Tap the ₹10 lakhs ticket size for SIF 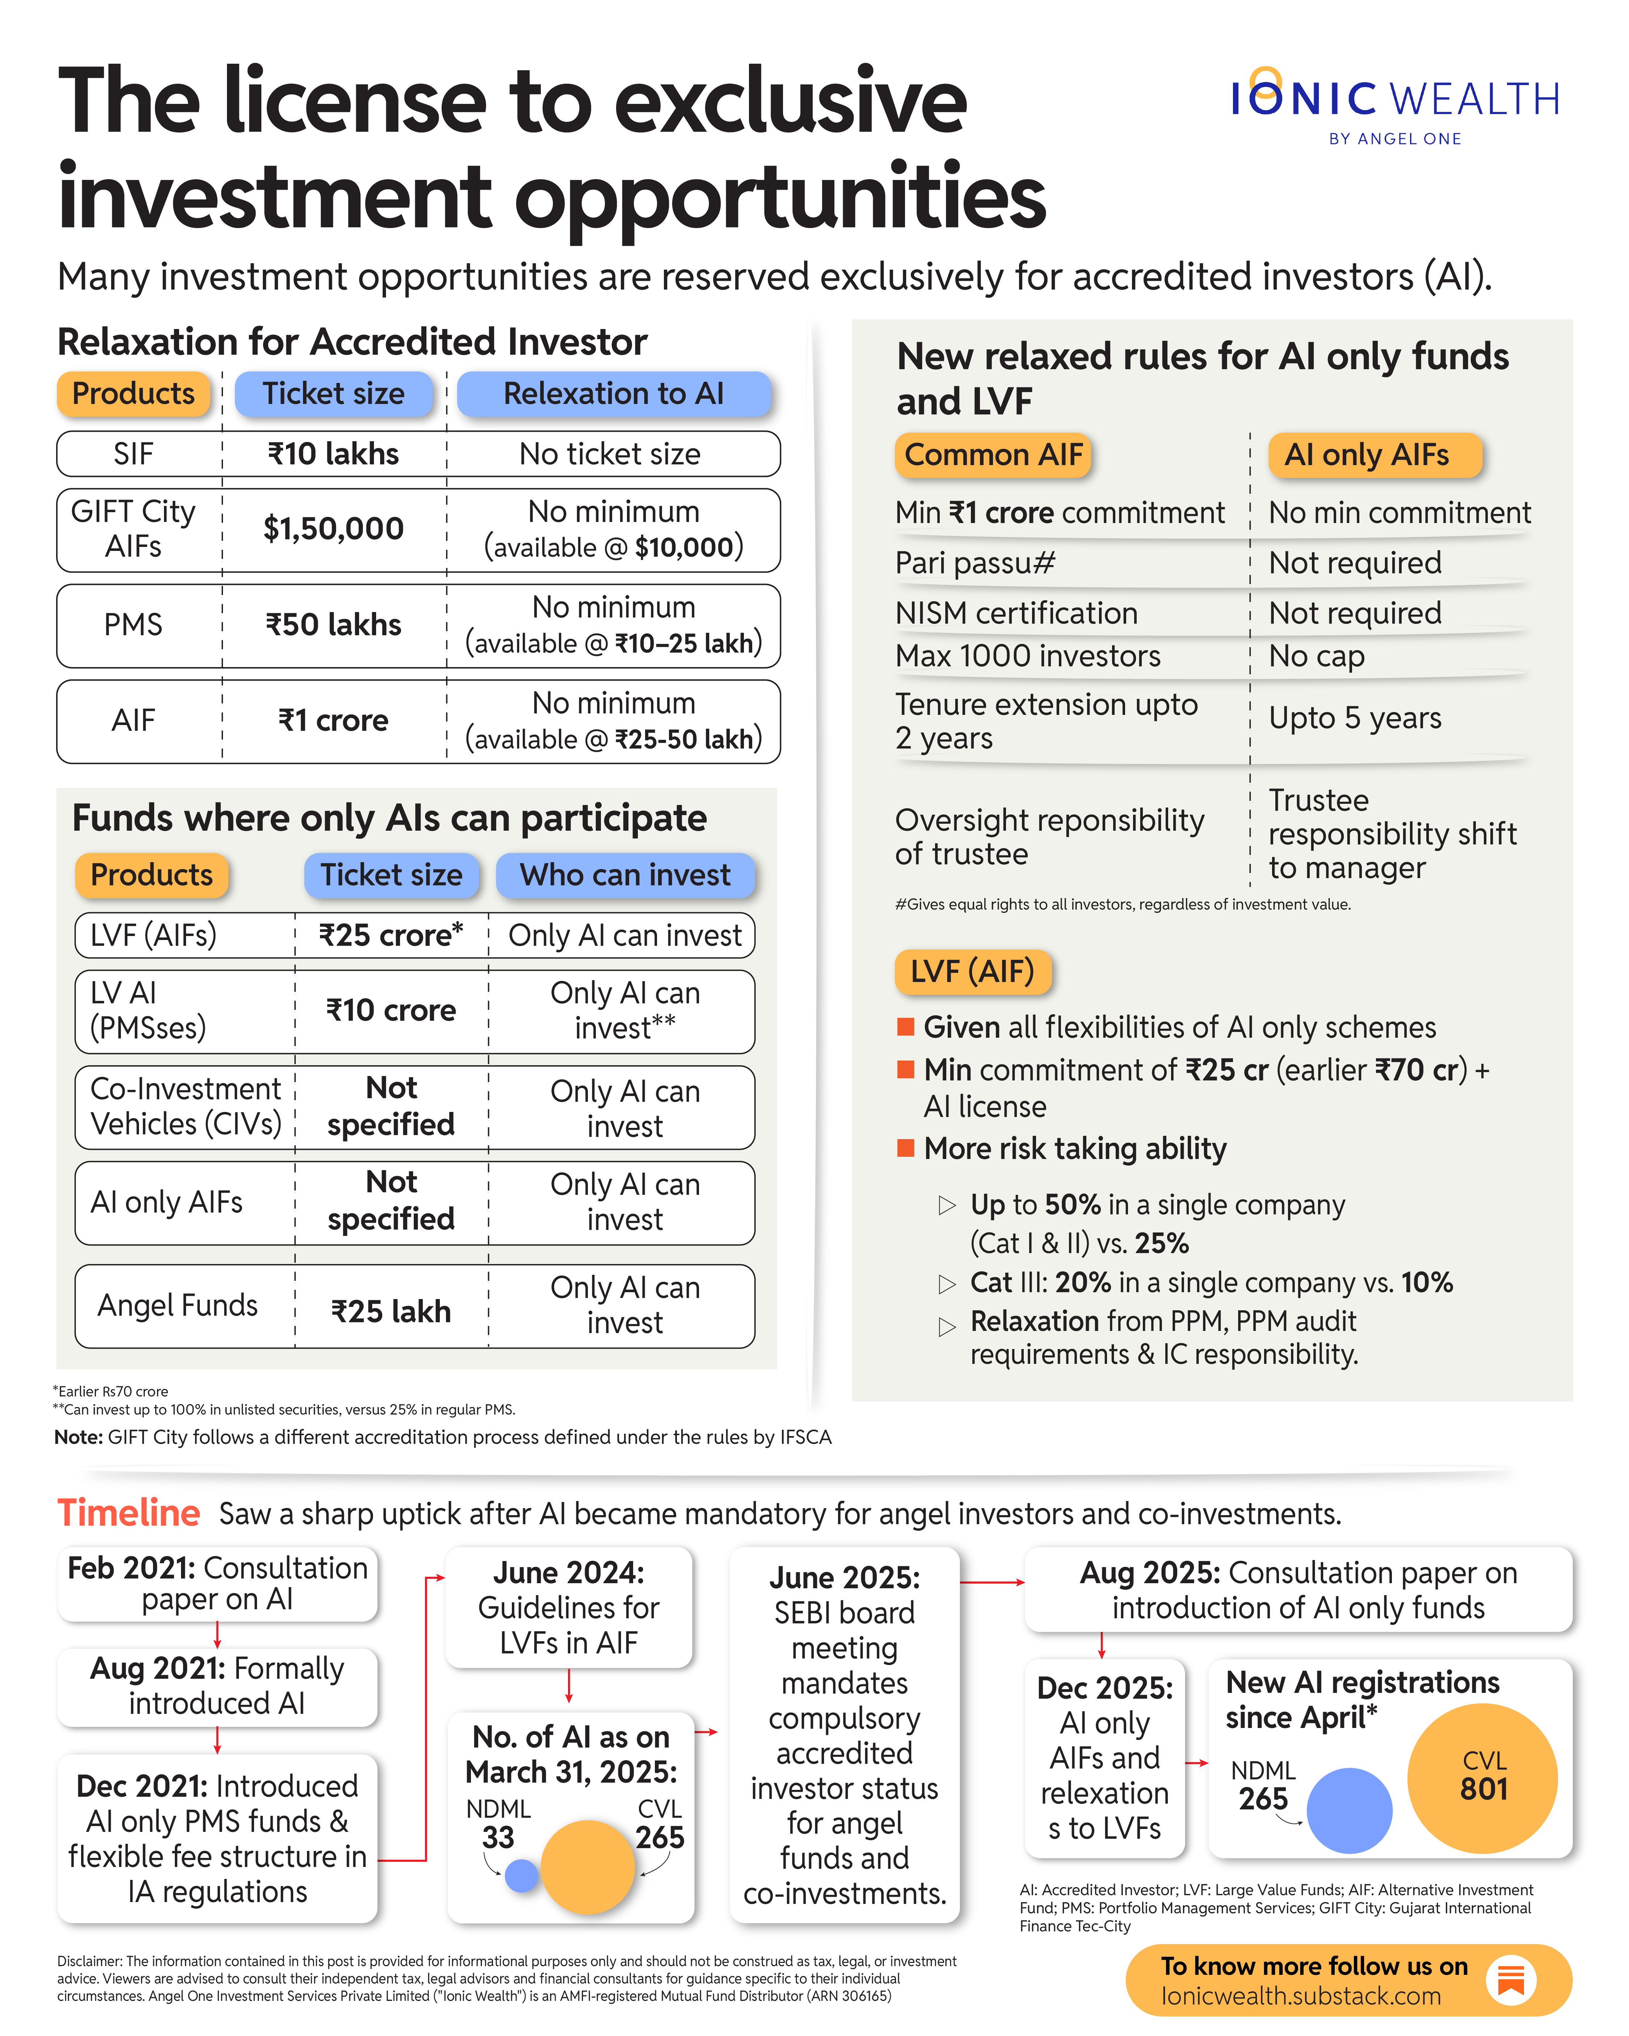(x=333, y=454)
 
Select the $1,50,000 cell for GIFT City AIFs (x=333, y=529)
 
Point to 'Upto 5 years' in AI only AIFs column (x=1354, y=718)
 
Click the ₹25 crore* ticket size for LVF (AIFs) (x=391, y=935)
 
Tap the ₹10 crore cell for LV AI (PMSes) (x=391, y=1011)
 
